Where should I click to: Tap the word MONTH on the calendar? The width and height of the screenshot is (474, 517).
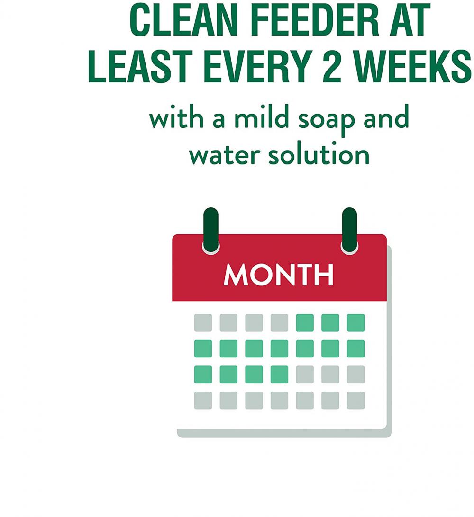point(279,274)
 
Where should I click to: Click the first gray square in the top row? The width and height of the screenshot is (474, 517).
point(203,323)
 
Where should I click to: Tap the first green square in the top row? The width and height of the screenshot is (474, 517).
point(305,323)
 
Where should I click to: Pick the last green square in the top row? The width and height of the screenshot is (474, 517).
point(355,323)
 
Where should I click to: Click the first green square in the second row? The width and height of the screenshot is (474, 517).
point(203,348)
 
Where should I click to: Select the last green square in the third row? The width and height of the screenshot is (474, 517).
point(279,374)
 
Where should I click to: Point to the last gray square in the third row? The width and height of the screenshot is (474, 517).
point(355,374)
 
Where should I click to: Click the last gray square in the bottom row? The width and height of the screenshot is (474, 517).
point(355,400)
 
